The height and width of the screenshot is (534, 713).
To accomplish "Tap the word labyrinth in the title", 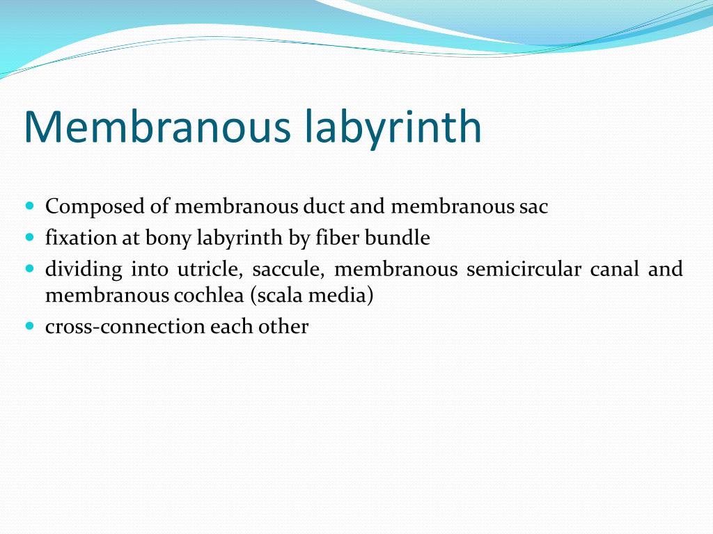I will click(x=393, y=128).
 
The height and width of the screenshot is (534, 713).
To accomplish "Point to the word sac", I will click(x=533, y=207).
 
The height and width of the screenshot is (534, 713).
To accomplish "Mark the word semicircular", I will click(x=524, y=269).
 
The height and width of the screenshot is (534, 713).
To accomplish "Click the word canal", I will click(x=614, y=269).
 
